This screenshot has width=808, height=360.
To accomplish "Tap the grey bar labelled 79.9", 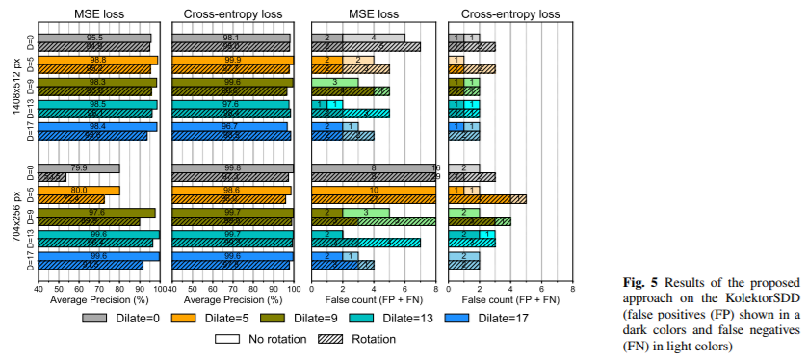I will click(79, 167).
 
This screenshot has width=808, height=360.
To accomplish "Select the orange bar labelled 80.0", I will click(79, 191).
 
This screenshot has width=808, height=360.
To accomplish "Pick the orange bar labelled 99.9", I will click(231, 60).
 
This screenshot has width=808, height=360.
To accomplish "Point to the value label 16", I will click(436, 167).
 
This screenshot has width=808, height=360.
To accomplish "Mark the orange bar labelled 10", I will click(374, 191).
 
